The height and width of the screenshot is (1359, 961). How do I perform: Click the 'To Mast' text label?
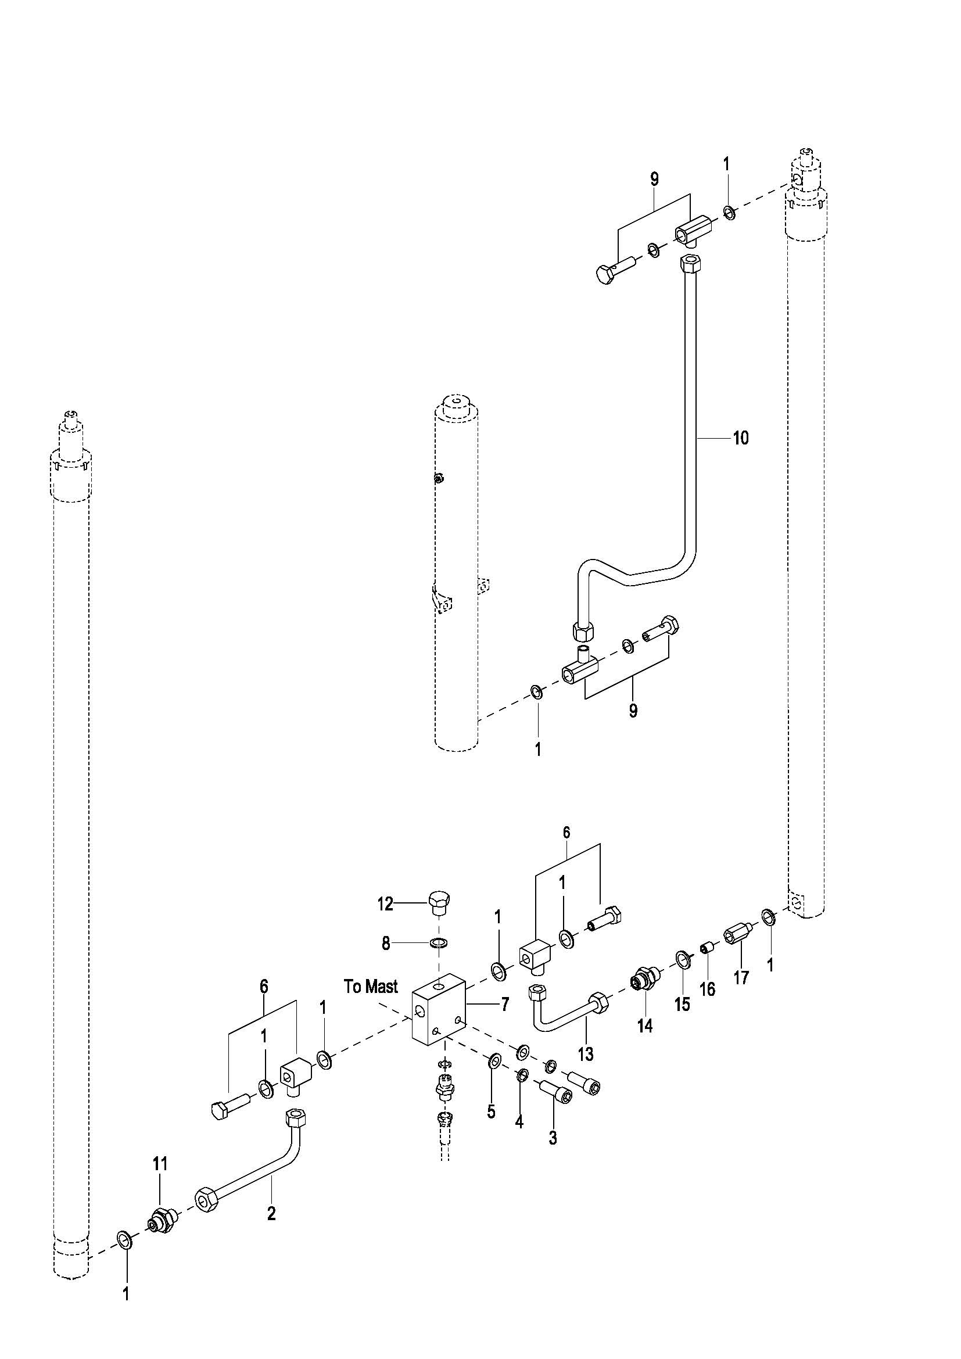tap(371, 987)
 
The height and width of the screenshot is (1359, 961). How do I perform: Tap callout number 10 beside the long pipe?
tap(741, 438)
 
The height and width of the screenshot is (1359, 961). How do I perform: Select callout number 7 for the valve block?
tap(505, 1004)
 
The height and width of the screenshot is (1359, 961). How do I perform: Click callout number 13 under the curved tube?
tap(585, 1053)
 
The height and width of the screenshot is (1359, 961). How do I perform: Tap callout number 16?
tap(707, 988)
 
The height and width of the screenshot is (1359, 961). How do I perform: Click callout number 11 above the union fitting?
tap(160, 1164)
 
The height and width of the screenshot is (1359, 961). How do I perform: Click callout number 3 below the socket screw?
tap(553, 1121)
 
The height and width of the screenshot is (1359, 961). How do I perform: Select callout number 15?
tap(683, 1004)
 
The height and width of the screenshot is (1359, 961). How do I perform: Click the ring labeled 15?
tap(683, 958)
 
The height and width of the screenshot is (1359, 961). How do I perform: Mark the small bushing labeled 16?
tap(706, 949)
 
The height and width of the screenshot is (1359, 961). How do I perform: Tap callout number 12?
tap(385, 904)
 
